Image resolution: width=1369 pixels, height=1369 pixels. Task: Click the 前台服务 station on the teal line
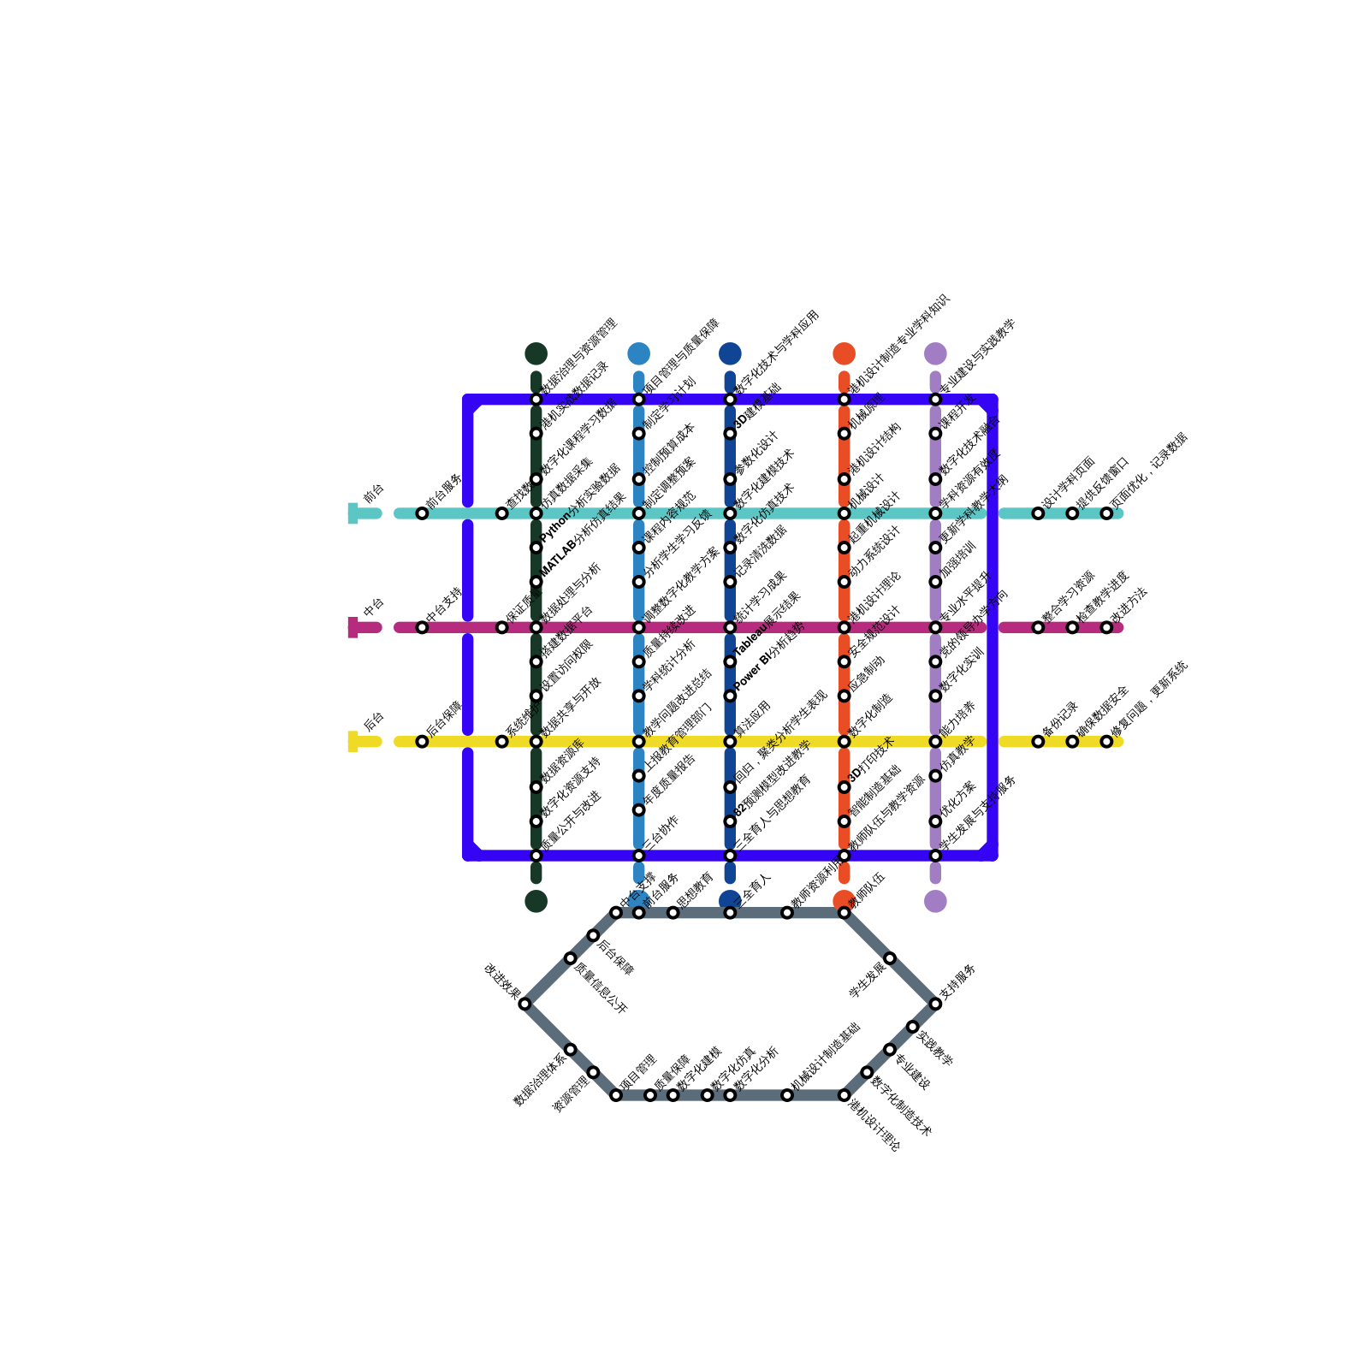coord(422,513)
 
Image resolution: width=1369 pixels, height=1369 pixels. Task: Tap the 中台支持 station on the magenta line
coord(422,627)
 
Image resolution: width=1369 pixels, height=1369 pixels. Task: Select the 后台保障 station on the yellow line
coord(422,741)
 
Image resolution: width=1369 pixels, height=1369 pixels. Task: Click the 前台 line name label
coord(374,494)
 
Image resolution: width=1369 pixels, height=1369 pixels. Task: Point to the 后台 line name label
coord(374,721)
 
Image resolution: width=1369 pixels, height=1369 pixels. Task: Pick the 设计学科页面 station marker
coord(1038,513)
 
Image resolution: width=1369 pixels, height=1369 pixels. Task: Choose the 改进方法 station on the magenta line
coord(1106,627)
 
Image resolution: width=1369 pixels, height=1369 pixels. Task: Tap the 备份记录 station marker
coord(1038,741)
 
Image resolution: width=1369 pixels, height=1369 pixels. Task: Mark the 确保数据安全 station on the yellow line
coord(1072,741)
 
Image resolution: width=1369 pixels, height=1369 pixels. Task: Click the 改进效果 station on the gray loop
coord(524,1004)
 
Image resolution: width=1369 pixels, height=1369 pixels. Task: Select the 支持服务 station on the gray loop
coord(935,1004)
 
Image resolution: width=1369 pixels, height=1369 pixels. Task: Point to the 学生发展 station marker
coord(890,958)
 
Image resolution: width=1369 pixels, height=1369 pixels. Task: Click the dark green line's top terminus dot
coord(536,353)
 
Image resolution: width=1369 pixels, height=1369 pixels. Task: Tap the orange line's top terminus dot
coord(844,353)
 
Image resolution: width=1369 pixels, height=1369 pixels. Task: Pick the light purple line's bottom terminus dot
coord(935,901)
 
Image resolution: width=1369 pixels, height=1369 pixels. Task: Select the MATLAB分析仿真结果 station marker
coord(536,582)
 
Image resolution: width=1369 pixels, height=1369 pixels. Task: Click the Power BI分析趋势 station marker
coord(730,696)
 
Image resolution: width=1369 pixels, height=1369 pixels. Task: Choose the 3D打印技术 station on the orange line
coord(844,787)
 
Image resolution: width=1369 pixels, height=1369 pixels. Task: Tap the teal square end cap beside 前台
coord(353,513)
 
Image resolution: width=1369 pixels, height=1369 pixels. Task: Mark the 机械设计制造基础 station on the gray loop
coord(787,1095)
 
